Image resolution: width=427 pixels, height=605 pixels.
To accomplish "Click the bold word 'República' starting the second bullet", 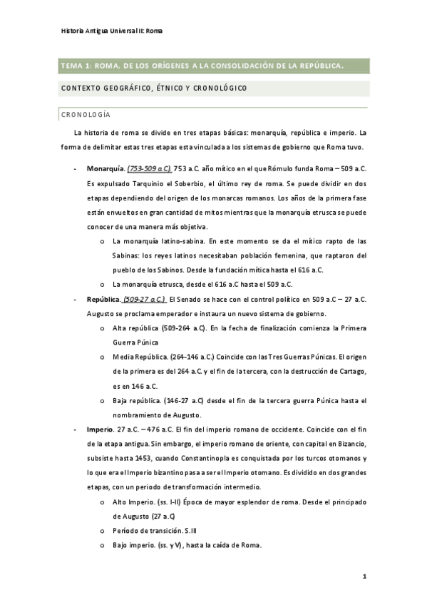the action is (x=103, y=300).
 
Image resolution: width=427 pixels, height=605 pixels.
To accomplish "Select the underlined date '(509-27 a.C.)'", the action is (x=145, y=300).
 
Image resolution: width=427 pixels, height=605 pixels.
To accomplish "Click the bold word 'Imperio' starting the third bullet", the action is (x=99, y=430).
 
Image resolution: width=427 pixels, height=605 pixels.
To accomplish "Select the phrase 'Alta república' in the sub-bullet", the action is (x=134, y=327).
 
